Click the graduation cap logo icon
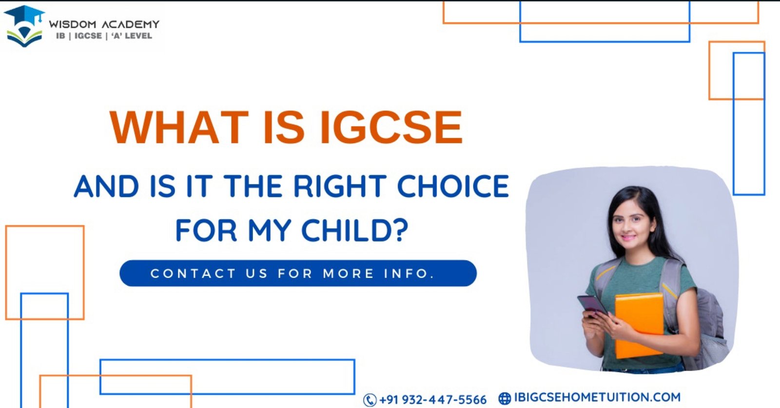(24, 26)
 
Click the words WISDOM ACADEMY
(104, 24)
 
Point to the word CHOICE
(453, 186)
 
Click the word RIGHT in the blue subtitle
(340, 186)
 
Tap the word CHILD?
(354, 230)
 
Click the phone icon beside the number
(370, 400)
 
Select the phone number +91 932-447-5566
(433, 400)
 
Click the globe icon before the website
(505, 398)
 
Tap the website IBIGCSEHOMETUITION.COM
(597, 397)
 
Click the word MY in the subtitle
(270, 230)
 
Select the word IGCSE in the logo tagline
(88, 36)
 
